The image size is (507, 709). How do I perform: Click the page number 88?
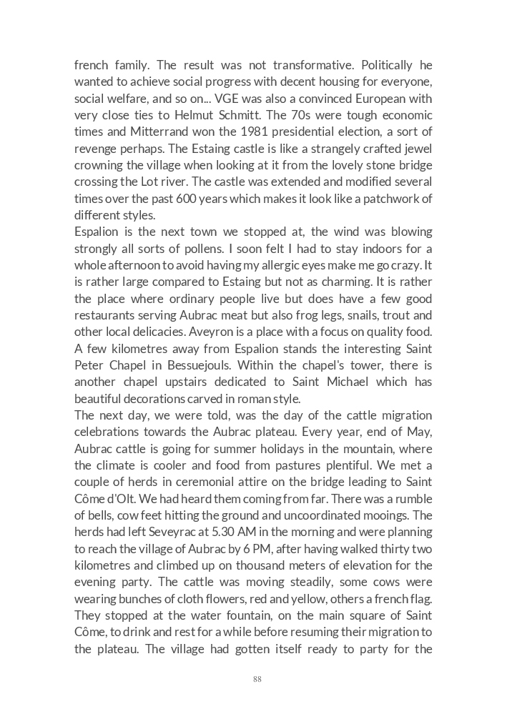pyautogui.click(x=257, y=679)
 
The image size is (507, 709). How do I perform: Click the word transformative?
pyautogui.click(x=318, y=65)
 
